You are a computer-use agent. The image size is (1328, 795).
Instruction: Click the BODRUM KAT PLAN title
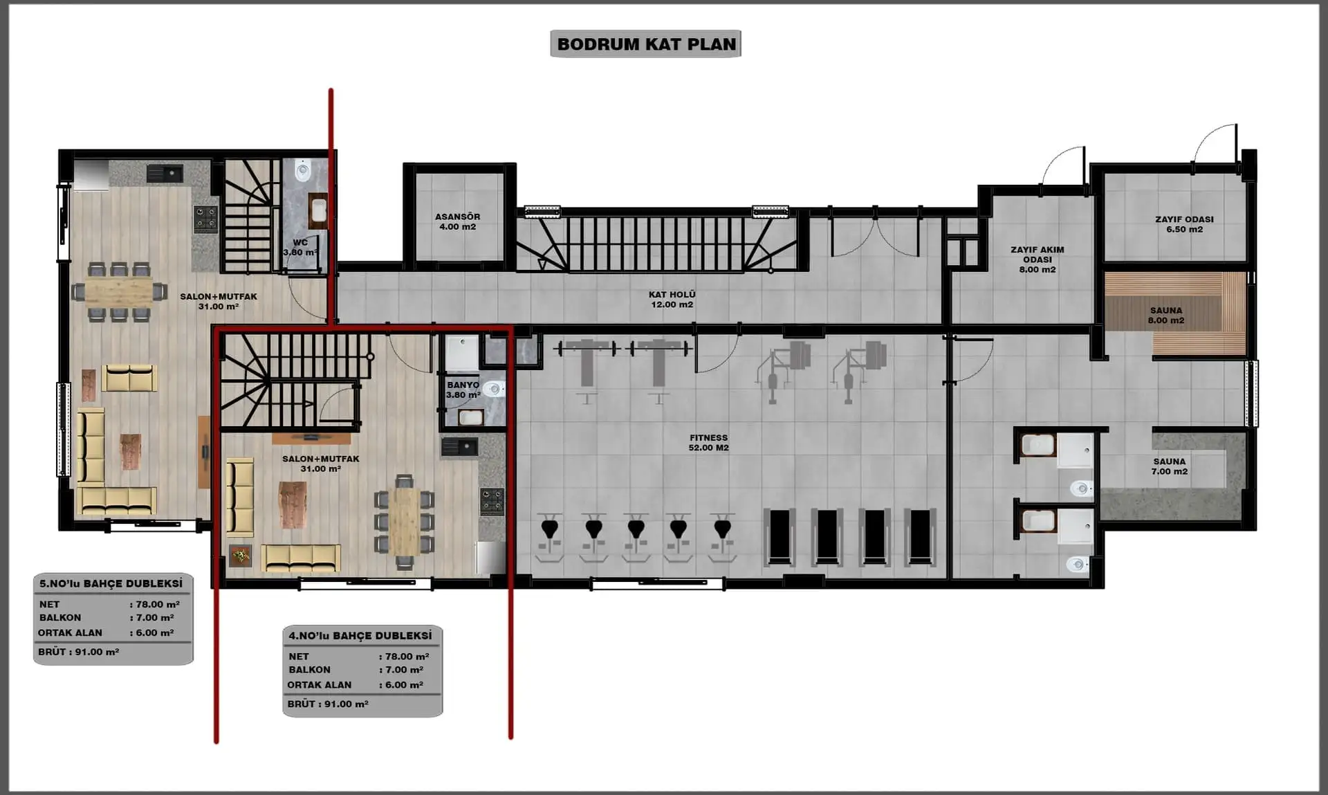click(646, 44)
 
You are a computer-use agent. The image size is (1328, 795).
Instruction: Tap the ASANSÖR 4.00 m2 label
click(457, 221)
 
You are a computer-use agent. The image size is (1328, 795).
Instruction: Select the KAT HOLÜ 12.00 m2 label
click(672, 300)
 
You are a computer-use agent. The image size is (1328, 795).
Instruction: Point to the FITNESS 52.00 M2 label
click(708, 443)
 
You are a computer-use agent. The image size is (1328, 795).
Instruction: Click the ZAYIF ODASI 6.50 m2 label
click(1184, 224)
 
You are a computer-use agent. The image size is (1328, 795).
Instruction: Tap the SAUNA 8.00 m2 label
click(1166, 316)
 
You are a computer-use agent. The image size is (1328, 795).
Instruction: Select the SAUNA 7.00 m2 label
click(1169, 466)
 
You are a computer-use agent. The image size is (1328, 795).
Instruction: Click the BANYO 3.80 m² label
click(463, 390)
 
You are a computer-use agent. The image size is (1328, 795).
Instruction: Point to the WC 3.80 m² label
click(300, 248)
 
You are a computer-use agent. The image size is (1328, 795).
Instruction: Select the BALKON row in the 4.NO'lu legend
click(356, 670)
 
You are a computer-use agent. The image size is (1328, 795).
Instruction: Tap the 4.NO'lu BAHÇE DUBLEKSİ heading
click(360, 635)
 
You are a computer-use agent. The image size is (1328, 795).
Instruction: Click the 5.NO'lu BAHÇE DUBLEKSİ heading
click(111, 583)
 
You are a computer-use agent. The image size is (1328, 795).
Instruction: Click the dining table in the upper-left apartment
click(119, 291)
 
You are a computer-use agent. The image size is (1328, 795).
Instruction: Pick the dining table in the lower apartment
click(405, 521)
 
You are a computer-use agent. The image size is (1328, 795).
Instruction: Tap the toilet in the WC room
click(303, 170)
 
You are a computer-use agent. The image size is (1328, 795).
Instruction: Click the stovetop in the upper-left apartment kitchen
click(205, 218)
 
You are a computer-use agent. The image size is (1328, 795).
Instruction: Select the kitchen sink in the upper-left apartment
click(165, 173)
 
